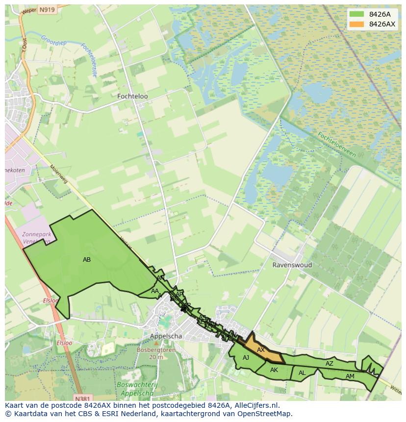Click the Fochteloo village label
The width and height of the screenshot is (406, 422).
[x=132, y=97]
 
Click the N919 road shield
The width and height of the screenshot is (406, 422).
[x=47, y=9]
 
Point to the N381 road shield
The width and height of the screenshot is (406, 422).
[x=84, y=398]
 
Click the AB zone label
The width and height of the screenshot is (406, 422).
[x=87, y=260]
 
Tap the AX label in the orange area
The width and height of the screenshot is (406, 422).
[x=261, y=350]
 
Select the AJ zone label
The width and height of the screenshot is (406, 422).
[x=246, y=358]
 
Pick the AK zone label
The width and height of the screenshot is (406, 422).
[x=274, y=370]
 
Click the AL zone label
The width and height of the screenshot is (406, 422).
[x=302, y=373]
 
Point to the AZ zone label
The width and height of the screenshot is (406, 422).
[x=330, y=364]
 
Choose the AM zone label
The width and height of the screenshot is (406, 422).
[x=350, y=376]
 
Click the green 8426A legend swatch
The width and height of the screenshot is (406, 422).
[x=357, y=14]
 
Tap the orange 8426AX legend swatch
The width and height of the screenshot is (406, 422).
[x=357, y=24]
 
